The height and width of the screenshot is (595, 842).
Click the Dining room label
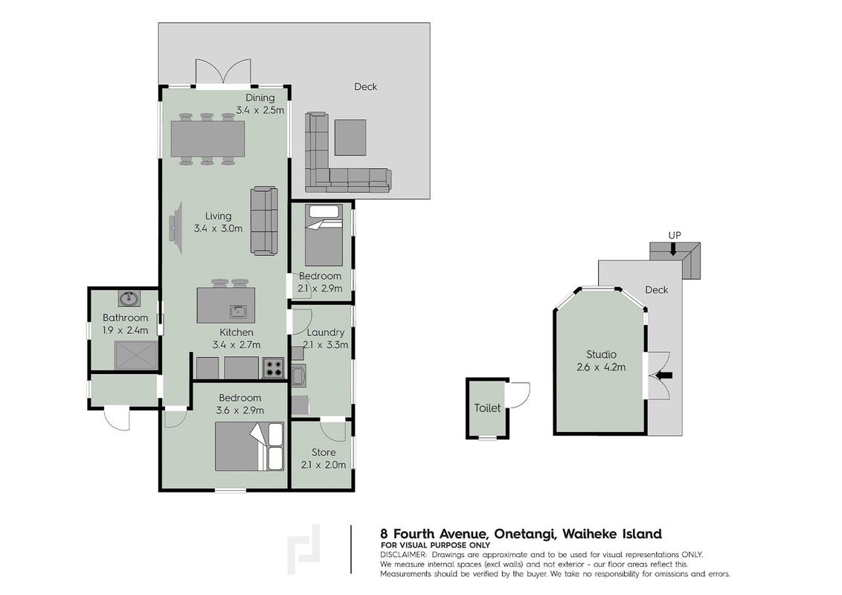[260, 97]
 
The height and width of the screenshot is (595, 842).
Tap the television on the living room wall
[176, 228]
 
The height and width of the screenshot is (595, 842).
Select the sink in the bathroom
[129, 298]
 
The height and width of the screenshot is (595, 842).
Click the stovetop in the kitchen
[273, 368]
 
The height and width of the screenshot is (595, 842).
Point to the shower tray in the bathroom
[136, 355]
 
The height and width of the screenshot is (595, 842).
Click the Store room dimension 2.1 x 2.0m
[324, 465]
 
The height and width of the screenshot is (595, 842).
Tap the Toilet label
[487, 408]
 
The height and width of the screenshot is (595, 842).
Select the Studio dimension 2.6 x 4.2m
[602, 368]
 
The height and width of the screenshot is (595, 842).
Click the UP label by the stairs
[675, 235]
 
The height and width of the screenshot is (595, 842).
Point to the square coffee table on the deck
[351, 137]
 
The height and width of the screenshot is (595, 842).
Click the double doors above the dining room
[223, 71]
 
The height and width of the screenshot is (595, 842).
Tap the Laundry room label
[325, 332]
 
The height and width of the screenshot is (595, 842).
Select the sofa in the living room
[264, 221]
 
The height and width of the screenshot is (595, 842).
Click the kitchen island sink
[237, 311]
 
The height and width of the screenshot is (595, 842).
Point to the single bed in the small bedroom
[324, 235]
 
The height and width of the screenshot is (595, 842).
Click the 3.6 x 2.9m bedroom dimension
[240, 411]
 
